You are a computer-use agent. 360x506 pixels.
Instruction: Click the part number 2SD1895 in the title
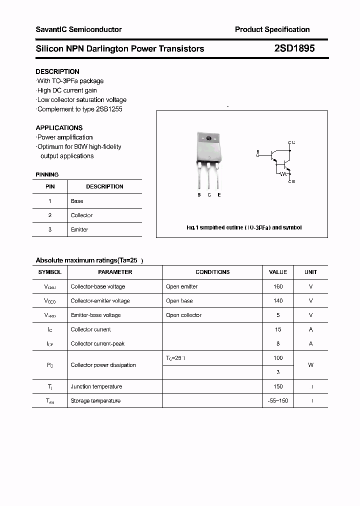[x=294, y=49]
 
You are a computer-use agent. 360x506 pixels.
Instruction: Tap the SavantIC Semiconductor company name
[x=78, y=29]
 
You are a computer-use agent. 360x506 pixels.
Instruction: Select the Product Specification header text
[x=272, y=29]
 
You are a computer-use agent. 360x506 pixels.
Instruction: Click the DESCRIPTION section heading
[x=57, y=71]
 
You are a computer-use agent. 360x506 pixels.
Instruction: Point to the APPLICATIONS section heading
[x=59, y=127]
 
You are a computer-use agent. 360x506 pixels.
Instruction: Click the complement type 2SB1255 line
[x=80, y=109]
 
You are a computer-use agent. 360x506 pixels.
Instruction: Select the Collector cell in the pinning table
[x=81, y=215]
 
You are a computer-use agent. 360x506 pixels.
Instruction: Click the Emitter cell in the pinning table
[x=79, y=229]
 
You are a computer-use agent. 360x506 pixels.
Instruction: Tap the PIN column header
[x=50, y=186]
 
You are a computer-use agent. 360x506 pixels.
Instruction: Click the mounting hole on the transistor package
[x=208, y=138]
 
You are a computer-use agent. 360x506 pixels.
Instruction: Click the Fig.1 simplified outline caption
[x=244, y=227]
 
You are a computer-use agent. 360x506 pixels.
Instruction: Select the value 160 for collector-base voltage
[x=278, y=286]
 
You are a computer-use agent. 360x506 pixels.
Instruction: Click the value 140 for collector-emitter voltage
[x=278, y=301]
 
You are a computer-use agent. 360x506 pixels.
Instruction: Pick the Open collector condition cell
[x=183, y=315]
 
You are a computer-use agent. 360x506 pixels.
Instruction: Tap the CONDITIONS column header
[x=212, y=272]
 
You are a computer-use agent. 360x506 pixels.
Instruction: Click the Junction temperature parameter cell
[x=96, y=386]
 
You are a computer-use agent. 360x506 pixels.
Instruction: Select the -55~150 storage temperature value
[x=278, y=401]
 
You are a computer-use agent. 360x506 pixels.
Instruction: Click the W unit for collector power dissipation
[x=310, y=365]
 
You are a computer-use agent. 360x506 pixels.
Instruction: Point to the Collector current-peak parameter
[x=97, y=343]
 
